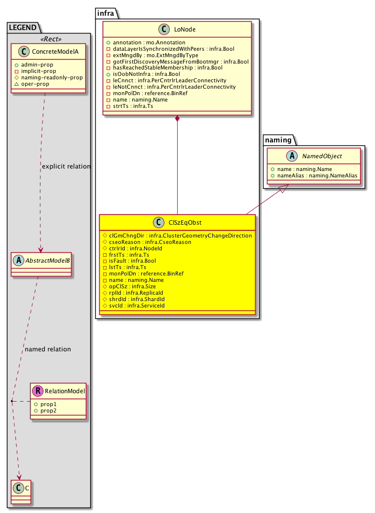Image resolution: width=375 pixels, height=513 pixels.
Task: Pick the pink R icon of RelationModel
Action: tap(37, 391)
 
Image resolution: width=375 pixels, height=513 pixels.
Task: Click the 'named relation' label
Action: tap(47, 349)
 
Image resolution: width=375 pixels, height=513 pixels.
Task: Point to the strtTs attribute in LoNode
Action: tap(123, 106)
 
